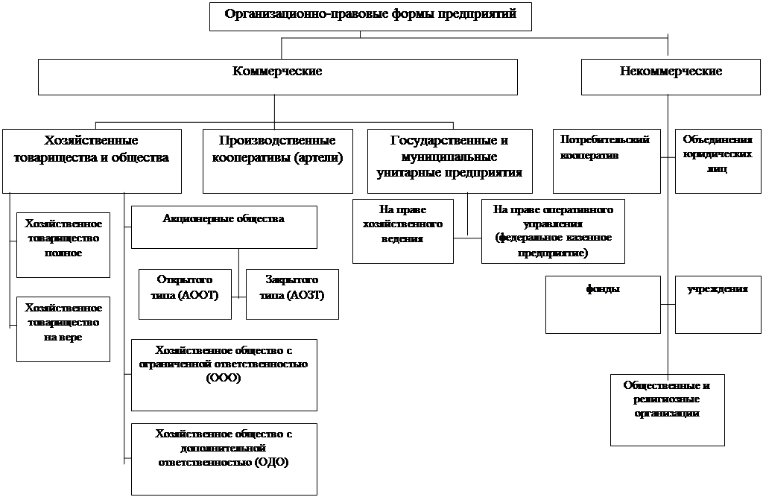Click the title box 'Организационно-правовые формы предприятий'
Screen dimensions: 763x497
(x=370, y=16)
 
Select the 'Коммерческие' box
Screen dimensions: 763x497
(x=278, y=77)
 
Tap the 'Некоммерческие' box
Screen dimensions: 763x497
(x=671, y=77)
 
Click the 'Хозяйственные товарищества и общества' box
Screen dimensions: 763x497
(x=92, y=161)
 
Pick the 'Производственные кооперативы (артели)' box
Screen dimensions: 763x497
(x=278, y=161)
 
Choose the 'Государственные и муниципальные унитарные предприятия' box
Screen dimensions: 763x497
(x=449, y=161)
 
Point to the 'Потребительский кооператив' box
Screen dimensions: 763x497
(x=607, y=161)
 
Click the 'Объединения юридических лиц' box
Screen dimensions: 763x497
(x=718, y=161)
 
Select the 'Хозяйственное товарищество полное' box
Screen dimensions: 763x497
(x=63, y=245)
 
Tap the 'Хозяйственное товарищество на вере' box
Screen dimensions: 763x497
(x=63, y=329)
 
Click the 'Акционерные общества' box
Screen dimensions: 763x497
(x=224, y=227)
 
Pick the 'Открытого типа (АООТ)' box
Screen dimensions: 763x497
(x=185, y=294)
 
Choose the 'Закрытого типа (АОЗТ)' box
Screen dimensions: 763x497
(x=292, y=294)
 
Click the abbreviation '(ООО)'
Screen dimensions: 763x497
(x=224, y=378)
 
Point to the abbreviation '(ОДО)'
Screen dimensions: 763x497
(x=271, y=462)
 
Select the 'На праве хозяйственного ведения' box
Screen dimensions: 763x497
(x=403, y=231)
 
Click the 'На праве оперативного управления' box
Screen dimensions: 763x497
(x=554, y=231)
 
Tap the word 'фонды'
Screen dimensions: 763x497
(x=603, y=288)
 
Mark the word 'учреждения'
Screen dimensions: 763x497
(x=718, y=288)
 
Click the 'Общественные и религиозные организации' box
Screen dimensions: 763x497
(x=668, y=410)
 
